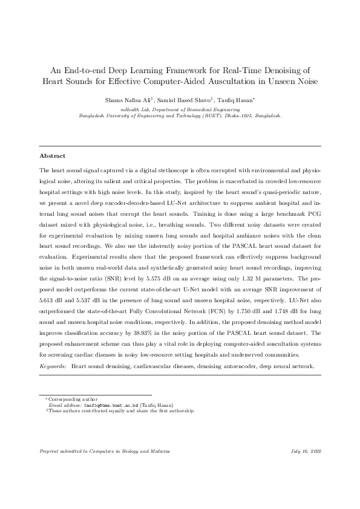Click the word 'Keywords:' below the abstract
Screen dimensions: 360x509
tap(53, 366)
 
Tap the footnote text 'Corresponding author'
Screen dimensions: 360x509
tap(66, 400)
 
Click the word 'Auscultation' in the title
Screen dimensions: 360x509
tap(243, 79)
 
